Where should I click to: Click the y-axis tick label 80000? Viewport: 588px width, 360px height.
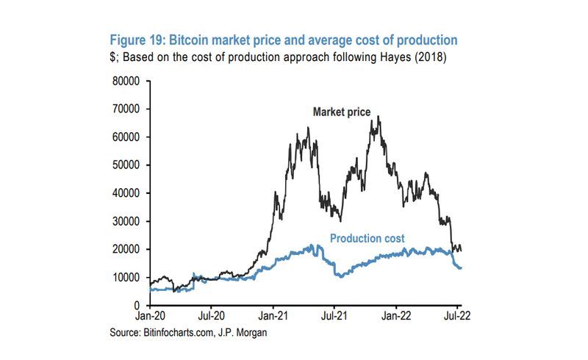click(x=126, y=81)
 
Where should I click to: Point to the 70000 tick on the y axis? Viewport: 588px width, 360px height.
click(x=126, y=109)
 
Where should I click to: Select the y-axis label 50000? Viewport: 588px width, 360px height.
click(x=126, y=165)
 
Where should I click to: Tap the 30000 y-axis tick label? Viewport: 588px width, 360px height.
click(x=126, y=221)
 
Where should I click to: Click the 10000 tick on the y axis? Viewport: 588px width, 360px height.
click(x=126, y=277)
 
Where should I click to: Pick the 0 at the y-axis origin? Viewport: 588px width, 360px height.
click(x=137, y=305)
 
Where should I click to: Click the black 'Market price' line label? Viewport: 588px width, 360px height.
click(x=342, y=112)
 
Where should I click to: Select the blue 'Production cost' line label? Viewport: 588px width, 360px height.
click(x=367, y=239)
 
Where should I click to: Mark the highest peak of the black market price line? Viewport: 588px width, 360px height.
click(x=379, y=116)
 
